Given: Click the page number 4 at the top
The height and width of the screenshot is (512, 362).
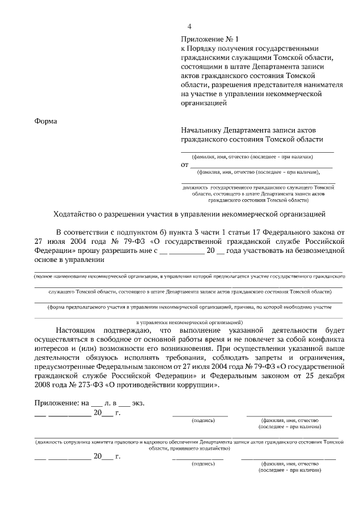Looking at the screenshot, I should (x=189, y=27).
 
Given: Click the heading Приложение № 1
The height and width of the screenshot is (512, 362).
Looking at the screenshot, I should (x=210, y=39).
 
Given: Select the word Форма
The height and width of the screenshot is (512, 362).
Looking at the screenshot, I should (x=46, y=121).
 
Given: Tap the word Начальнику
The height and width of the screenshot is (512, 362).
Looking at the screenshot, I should (x=201, y=129).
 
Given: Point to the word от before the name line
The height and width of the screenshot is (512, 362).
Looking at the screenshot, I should (x=184, y=165).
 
